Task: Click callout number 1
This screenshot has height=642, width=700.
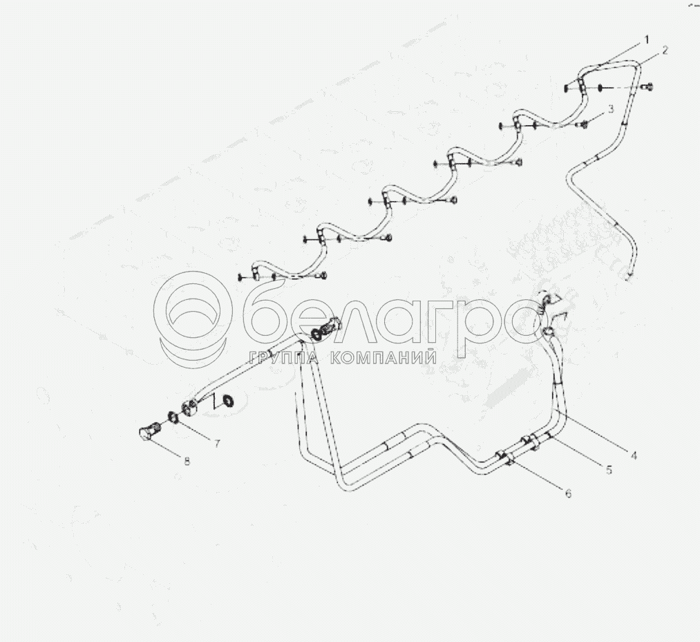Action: (645, 40)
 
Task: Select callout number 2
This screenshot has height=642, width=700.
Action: (665, 50)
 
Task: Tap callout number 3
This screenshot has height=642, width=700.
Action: (611, 108)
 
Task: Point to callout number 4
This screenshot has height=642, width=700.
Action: (634, 455)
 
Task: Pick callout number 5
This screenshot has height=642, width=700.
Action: (609, 470)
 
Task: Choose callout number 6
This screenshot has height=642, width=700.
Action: (568, 493)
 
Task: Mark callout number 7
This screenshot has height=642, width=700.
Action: (217, 444)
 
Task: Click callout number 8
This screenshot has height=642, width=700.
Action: (187, 461)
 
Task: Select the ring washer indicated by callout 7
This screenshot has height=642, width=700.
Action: (173, 417)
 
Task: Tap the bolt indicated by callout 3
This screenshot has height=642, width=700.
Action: (582, 125)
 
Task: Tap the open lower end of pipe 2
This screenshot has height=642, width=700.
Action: (630, 278)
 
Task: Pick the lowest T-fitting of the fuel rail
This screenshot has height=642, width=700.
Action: (256, 272)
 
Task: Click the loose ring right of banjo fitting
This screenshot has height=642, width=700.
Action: (228, 400)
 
